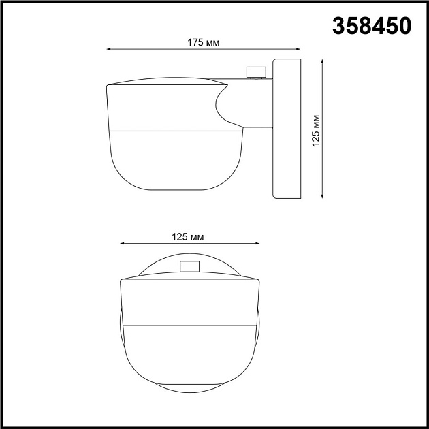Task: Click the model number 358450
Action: click(x=372, y=26)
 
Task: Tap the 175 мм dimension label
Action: click(x=203, y=42)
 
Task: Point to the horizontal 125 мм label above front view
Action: click(x=189, y=237)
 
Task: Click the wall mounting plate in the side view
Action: click(x=286, y=129)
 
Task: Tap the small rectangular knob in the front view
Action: click(x=189, y=267)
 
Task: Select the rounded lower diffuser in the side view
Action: click(x=174, y=157)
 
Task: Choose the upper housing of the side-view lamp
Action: click(x=160, y=106)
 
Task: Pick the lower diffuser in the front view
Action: click(x=189, y=354)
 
